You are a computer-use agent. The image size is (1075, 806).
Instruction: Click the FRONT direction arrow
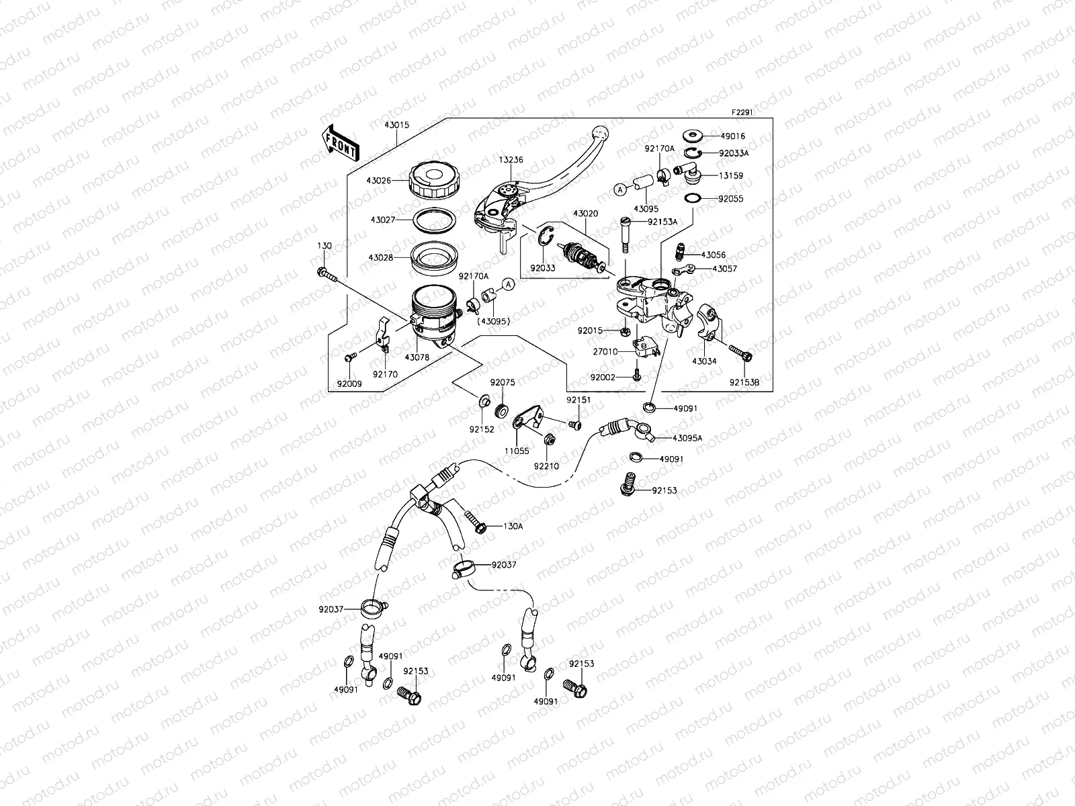(x=341, y=142)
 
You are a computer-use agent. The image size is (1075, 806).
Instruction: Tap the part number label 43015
(x=397, y=126)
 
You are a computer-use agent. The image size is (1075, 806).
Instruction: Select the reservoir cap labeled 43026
(x=436, y=179)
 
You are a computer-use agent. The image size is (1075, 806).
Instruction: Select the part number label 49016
(x=732, y=136)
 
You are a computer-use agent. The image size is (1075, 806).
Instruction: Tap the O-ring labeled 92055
(x=693, y=199)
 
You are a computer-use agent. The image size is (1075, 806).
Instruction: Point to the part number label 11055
(x=517, y=451)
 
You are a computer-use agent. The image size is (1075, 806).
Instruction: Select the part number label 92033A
(x=733, y=153)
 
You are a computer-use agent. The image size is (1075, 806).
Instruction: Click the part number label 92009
(x=349, y=385)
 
